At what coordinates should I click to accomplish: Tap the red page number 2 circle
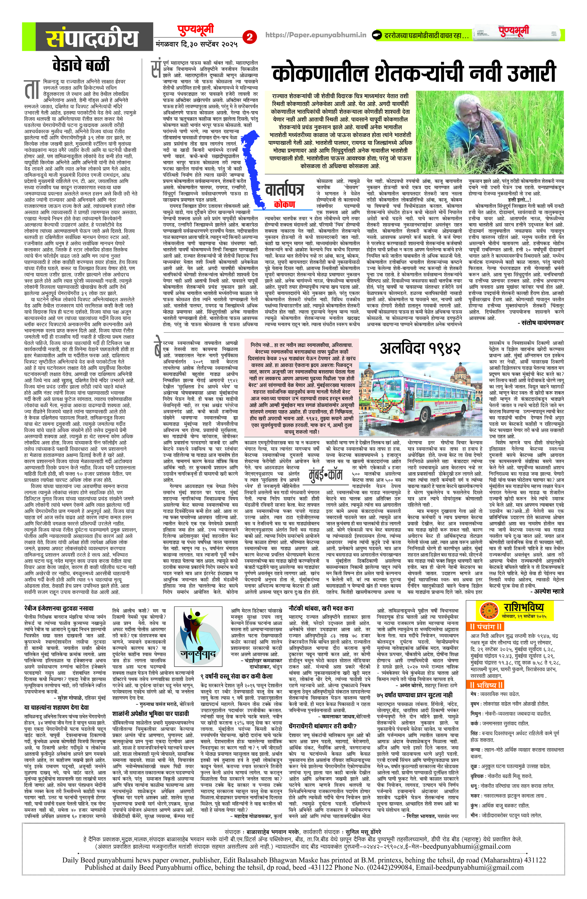click(249, 37)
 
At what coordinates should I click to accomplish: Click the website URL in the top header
click(316, 35)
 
